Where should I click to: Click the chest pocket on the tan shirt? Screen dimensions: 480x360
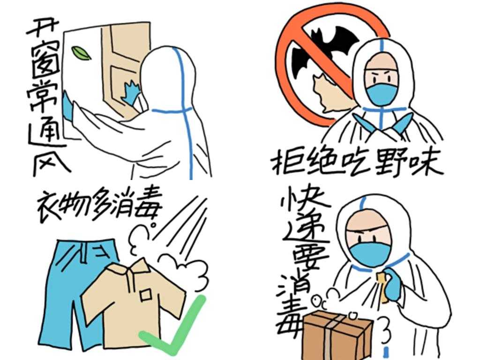(146, 295)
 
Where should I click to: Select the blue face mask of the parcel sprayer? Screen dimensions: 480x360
(370, 254)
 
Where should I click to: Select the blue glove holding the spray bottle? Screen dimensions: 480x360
(393, 284)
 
